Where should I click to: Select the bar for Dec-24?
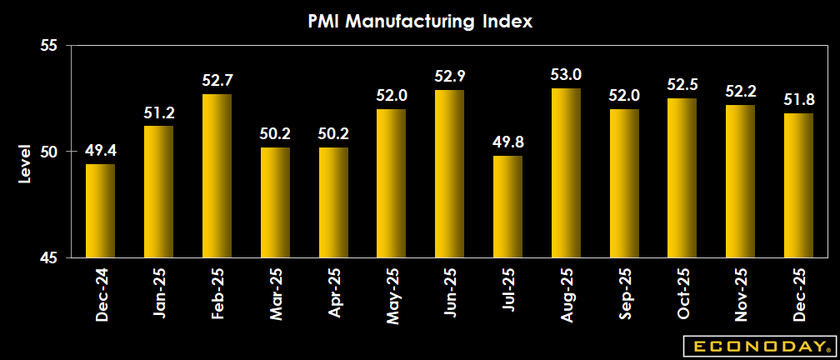click(x=101, y=211)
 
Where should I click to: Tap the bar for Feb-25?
click(x=217, y=176)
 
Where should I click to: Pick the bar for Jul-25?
click(x=507, y=207)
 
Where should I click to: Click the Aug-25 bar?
click(x=566, y=172)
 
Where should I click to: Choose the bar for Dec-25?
click(x=798, y=185)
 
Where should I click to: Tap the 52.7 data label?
click(x=217, y=81)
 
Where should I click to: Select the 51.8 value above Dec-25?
click(x=798, y=100)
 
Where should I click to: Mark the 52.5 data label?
click(x=682, y=85)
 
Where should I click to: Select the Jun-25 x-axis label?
click(x=450, y=296)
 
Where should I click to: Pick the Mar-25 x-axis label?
click(x=276, y=296)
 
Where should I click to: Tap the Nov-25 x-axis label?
click(x=741, y=296)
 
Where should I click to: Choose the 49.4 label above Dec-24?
click(x=101, y=151)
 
